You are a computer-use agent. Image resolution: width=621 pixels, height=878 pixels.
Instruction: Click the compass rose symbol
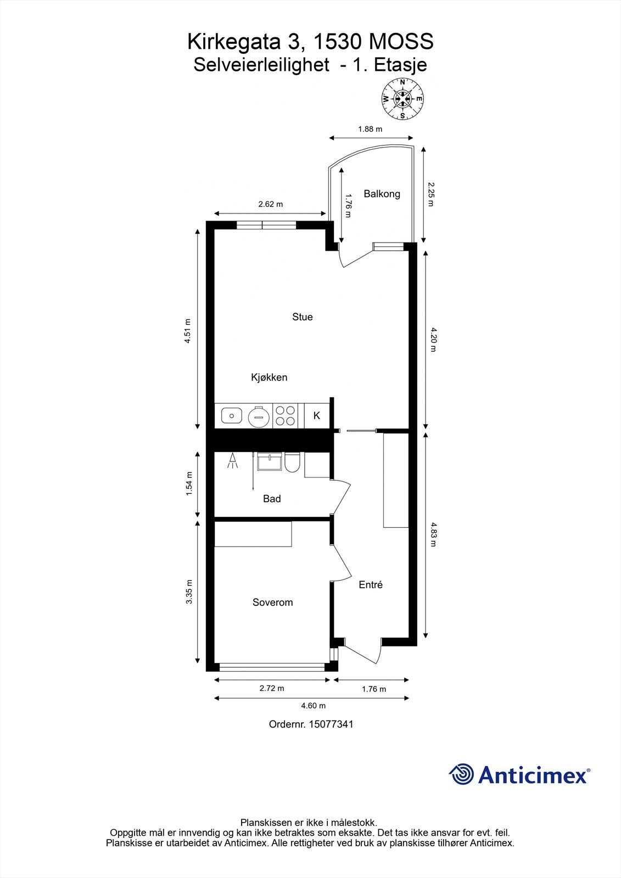coord(402,99)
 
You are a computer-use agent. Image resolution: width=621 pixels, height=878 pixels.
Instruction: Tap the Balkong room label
coord(382,194)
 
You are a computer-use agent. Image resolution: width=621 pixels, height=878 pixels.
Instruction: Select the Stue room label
coord(302,317)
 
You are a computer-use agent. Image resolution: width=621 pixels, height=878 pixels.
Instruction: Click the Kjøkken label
coord(269,378)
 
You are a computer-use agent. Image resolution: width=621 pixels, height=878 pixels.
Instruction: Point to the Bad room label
coord(272,499)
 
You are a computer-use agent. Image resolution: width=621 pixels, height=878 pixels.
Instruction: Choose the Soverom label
coord(272,603)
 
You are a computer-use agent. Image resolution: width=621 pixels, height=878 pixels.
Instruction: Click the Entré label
coord(370,585)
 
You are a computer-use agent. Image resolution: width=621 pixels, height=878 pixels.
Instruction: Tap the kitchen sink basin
coord(232,416)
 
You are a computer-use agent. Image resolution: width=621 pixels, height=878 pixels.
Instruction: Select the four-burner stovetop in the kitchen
coord(285,416)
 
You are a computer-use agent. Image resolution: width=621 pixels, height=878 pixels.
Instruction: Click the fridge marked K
coord(317,416)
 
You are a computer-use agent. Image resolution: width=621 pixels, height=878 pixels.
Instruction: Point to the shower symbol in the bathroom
coord(233,461)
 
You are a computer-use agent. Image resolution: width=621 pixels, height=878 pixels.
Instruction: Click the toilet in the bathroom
coord(292,463)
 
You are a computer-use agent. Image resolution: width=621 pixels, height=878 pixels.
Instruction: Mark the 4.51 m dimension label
coord(188,331)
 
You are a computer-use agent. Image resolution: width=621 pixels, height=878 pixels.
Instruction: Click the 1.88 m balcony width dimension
coord(370,130)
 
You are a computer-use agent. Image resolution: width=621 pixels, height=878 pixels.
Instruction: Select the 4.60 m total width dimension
coord(314,706)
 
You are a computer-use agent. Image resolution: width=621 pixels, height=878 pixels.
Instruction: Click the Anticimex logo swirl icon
coord(461,775)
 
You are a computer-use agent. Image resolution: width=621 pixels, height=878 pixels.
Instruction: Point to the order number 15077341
coord(331,724)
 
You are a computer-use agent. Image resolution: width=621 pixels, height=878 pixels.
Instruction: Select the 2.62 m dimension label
coord(270,205)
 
